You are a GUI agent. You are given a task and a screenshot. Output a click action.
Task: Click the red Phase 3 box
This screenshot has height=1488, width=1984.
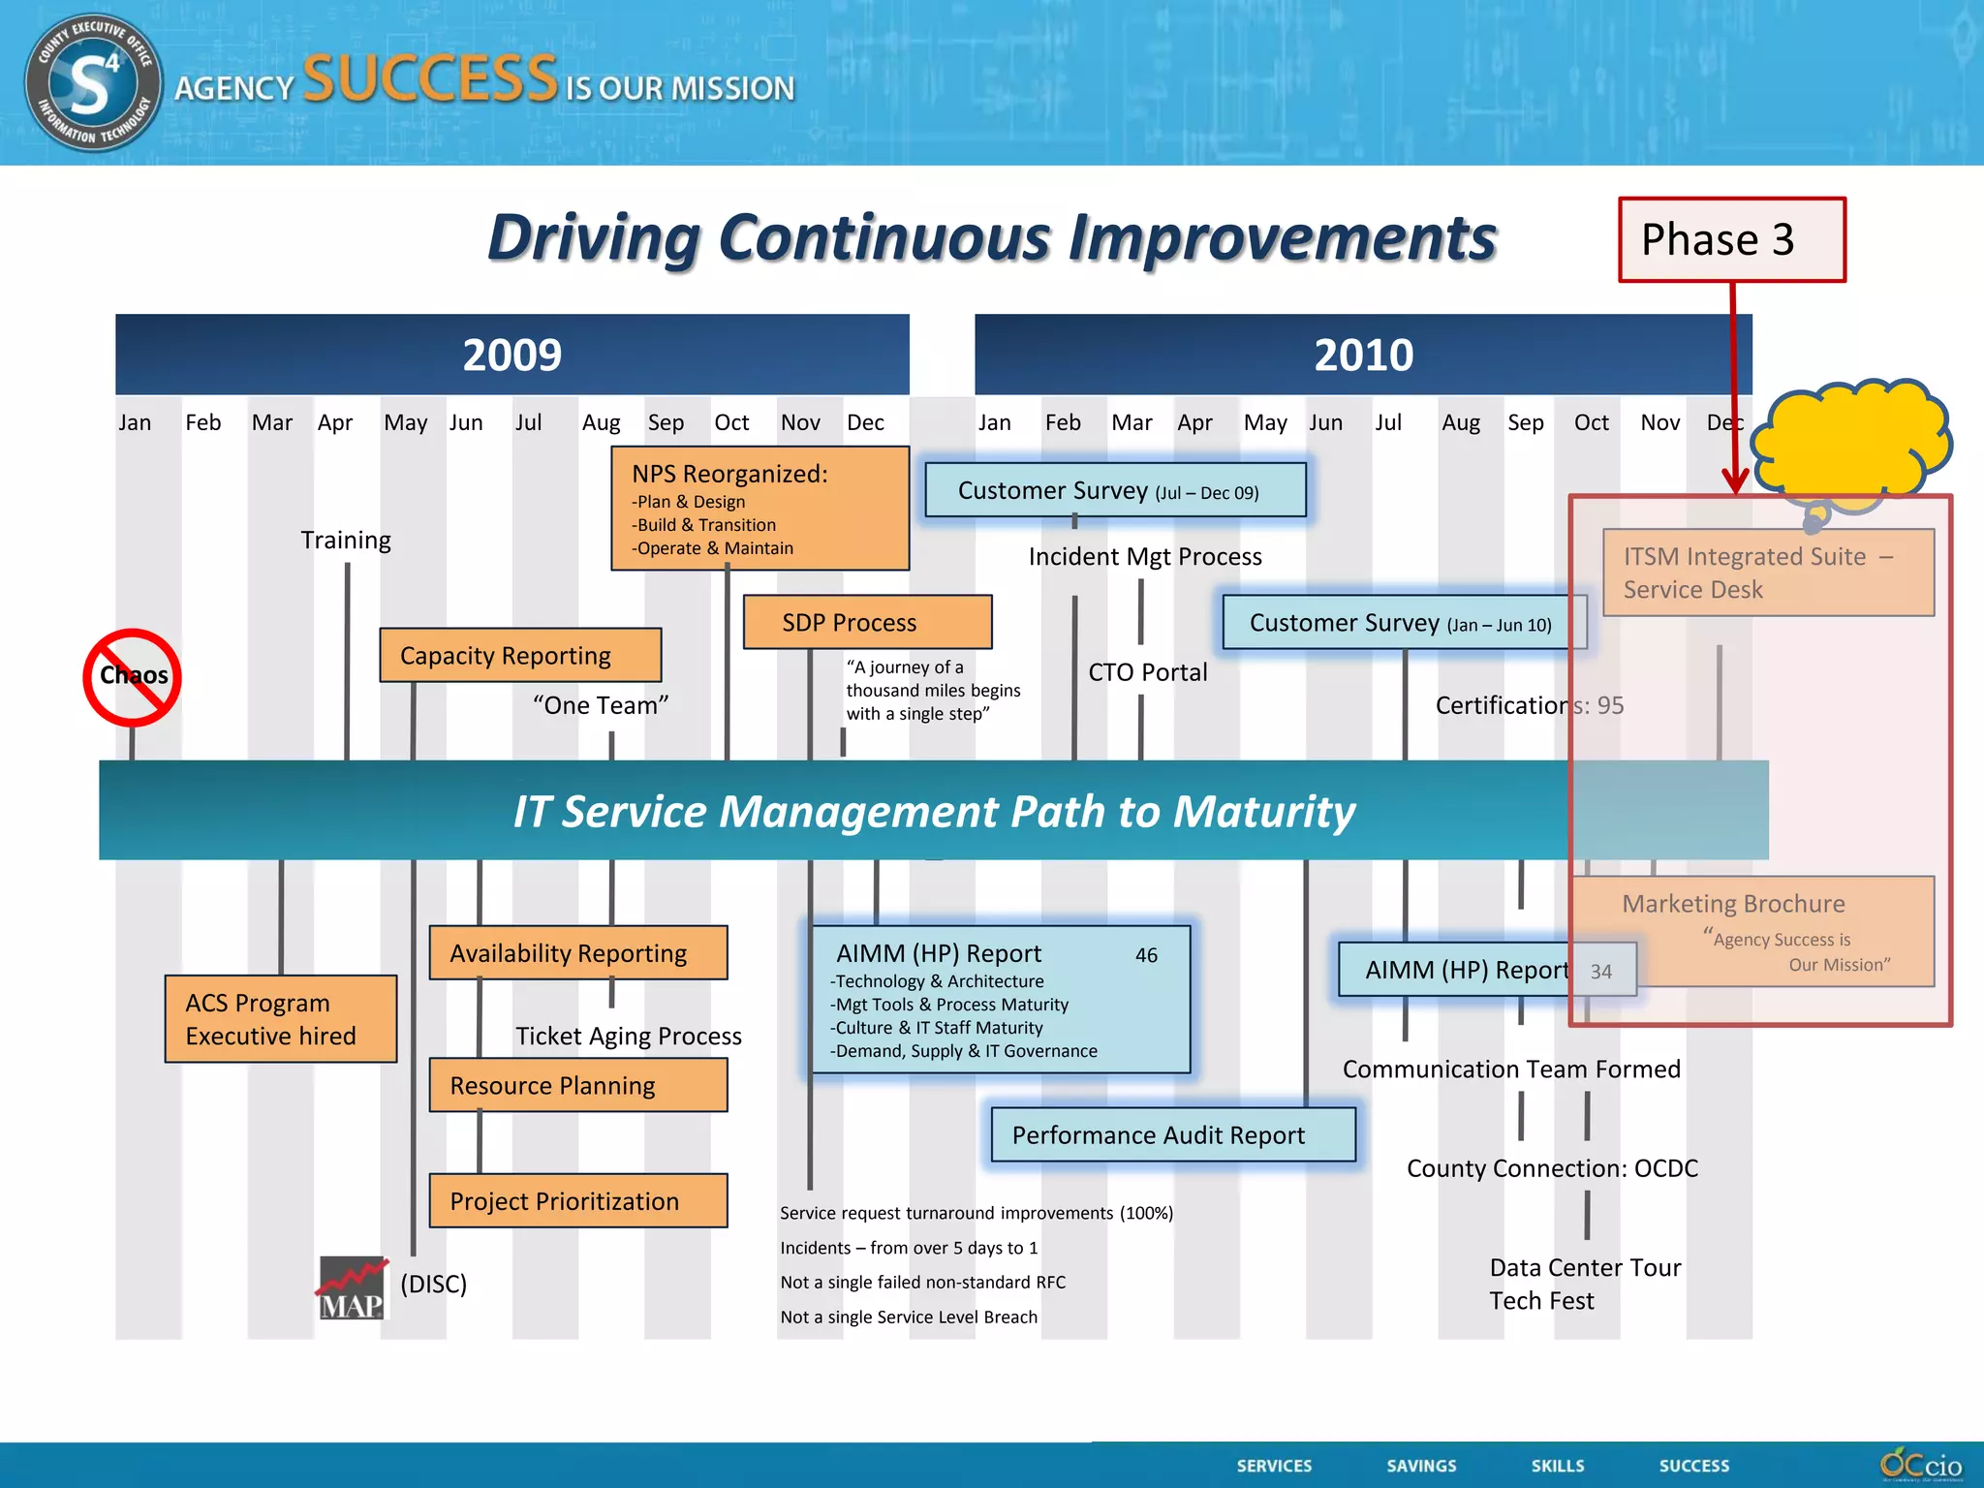[1731, 239]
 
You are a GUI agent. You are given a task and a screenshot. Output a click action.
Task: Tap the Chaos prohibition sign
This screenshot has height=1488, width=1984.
[133, 676]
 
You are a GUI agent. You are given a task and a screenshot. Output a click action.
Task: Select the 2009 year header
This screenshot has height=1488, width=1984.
[511, 355]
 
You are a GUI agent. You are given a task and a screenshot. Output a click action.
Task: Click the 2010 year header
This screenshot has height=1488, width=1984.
[1362, 355]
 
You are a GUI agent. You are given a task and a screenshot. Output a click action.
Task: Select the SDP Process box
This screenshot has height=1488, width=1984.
[867, 622]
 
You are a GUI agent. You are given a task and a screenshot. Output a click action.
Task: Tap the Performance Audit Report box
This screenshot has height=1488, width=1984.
[1172, 1134]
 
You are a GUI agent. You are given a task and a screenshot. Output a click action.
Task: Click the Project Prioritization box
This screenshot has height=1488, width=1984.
[577, 1201]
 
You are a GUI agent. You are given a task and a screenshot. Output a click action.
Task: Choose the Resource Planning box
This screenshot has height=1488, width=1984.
[577, 1085]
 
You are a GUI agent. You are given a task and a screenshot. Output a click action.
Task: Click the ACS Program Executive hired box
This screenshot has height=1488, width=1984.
[280, 1019]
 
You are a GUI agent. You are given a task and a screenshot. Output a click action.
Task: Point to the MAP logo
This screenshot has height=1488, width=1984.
[353, 1288]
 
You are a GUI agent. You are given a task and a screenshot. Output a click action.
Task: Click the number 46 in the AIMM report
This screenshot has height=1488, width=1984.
[1146, 955]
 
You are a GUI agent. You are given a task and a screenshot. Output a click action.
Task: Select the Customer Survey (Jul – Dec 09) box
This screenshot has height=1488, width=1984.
[1115, 490]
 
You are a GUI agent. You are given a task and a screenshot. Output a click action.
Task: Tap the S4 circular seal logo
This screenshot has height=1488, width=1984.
[93, 84]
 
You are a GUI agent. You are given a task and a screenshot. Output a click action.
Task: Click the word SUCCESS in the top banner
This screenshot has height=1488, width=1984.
[430, 79]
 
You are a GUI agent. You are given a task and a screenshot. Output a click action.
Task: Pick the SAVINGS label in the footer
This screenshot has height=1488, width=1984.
[1421, 1466]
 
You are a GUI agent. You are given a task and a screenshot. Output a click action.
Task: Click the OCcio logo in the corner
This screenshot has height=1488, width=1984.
[1921, 1464]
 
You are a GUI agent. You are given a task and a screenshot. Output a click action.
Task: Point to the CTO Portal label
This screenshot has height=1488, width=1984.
[1147, 672]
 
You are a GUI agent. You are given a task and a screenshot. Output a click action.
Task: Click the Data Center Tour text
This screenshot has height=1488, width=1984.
[1585, 1267]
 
